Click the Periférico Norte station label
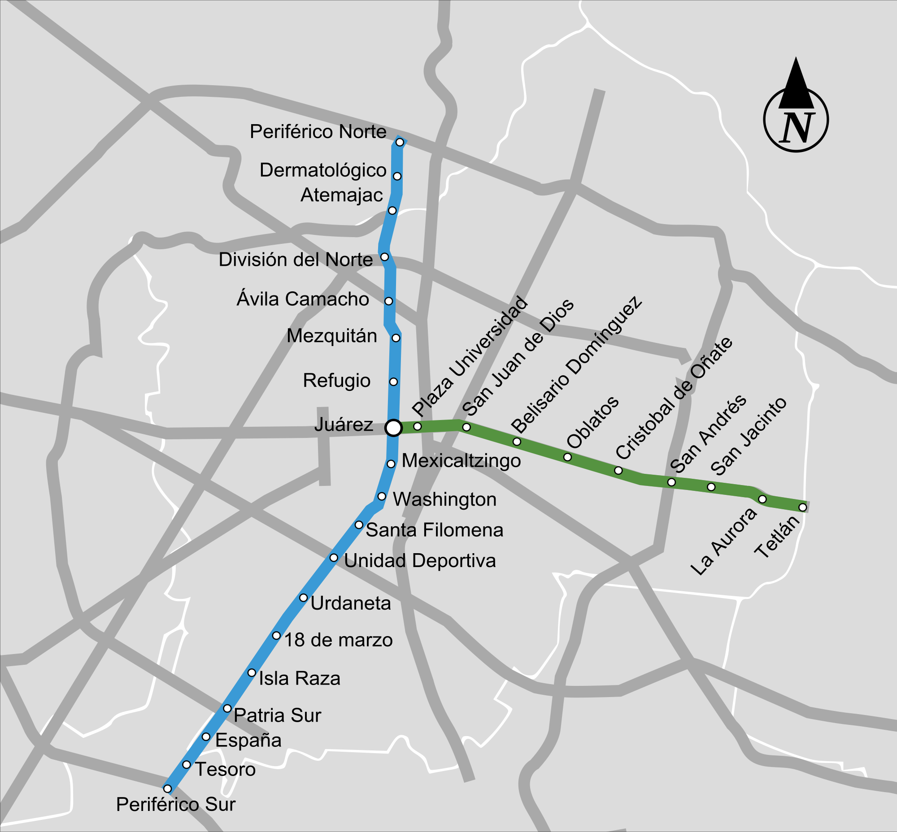(x=318, y=132)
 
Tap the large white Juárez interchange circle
(x=393, y=428)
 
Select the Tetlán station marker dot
(x=802, y=507)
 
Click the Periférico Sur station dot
(x=167, y=789)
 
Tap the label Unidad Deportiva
(x=420, y=561)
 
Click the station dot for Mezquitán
(x=396, y=338)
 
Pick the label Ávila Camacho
(x=303, y=299)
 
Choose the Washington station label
(x=444, y=500)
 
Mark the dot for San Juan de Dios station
(x=466, y=427)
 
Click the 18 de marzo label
(x=338, y=640)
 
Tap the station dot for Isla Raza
(x=252, y=672)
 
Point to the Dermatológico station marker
(x=397, y=176)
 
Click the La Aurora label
(x=724, y=542)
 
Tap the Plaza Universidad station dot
(x=418, y=426)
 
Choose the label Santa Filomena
(x=434, y=530)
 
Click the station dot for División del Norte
(x=384, y=256)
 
